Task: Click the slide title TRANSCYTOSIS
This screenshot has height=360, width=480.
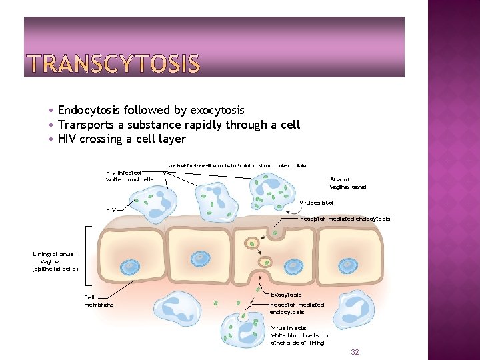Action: tap(113, 64)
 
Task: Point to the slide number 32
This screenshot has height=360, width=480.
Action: tap(355, 352)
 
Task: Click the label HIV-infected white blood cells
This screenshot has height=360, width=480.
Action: tap(129, 176)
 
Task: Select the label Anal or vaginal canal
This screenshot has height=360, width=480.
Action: tap(348, 183)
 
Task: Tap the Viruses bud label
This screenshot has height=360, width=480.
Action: tap(316, 202)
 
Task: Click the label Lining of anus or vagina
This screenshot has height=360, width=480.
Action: tap(55, 261)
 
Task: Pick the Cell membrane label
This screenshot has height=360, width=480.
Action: tap(99, 301)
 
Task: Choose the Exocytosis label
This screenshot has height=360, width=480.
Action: tap(286, 295)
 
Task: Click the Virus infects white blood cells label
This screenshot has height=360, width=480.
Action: tap(299, 335)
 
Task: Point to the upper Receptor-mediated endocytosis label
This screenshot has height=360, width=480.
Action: tap(345, 219)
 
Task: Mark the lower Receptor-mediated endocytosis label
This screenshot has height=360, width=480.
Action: tap(297, 308)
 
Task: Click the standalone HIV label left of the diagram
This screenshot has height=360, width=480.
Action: tap(111, 210)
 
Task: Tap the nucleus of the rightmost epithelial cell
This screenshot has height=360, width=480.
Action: tap(347, 266)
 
